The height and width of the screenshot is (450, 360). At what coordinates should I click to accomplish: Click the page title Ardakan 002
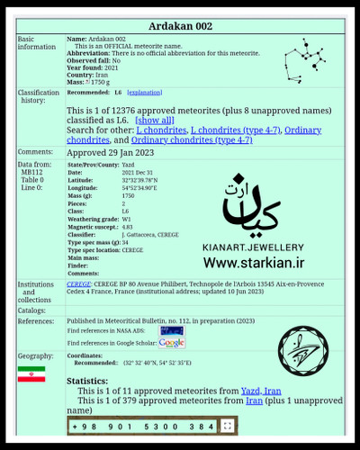[x=179, y=18]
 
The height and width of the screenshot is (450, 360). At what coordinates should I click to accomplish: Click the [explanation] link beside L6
[x=145, y=92]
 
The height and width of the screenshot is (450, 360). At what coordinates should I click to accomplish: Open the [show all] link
[x=154, y=120]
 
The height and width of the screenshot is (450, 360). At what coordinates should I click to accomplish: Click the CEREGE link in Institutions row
[x=79, y=283]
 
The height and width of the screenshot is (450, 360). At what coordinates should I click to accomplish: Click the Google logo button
[x=171, y=343]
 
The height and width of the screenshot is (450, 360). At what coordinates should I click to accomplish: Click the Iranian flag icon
[x=31, y=373]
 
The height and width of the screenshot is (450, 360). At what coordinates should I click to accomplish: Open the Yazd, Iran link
[x=261, y=391]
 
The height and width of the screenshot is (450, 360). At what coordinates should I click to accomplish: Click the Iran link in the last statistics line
[x=255, y=401]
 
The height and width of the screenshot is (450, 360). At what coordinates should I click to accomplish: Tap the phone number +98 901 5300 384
[x=144, y=426]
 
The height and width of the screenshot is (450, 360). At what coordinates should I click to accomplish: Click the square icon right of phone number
[x=229, y=426]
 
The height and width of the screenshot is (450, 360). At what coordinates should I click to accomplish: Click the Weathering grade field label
[x=95, y=218]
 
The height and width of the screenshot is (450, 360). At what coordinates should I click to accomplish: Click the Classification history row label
[x=39, y=97]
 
